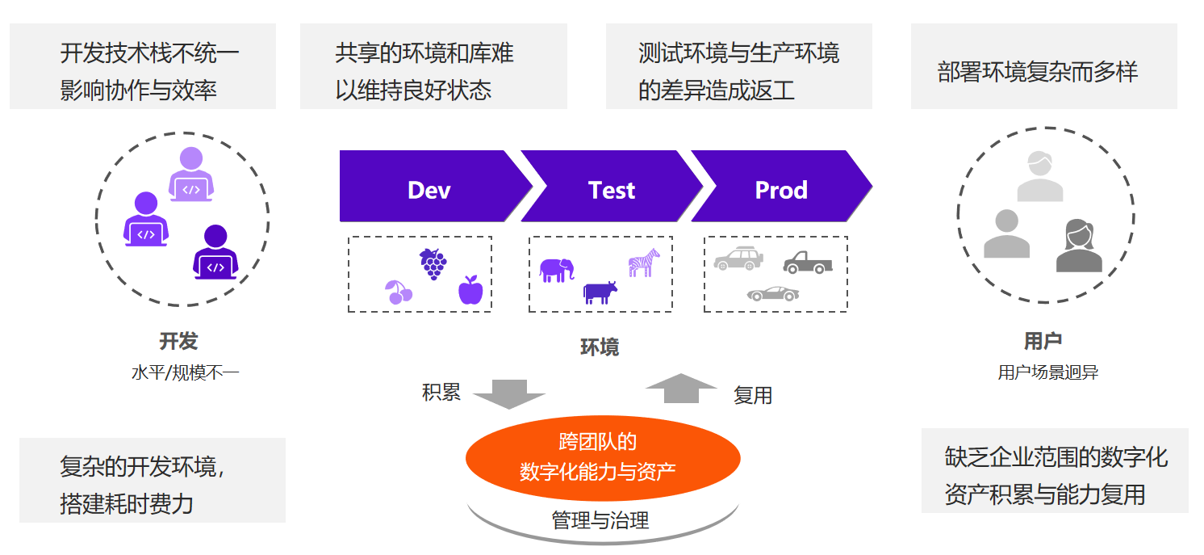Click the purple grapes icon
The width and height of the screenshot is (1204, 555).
coord(433,263)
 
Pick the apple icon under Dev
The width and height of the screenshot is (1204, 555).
coord(470,290)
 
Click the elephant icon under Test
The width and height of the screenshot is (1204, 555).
coord(556,270)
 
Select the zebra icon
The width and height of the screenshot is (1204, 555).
coord(644,263)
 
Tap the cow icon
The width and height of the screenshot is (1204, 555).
coord(600,292)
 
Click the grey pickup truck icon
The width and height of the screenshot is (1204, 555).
coord(807,262)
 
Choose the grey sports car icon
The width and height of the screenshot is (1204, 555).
coord(772,293)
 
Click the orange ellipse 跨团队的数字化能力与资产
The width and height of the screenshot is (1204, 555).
coord(602,456)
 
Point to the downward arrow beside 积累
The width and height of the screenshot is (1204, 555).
coord(508,393)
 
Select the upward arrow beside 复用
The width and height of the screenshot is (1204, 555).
coord(681,388)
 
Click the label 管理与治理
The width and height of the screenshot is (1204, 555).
coord(600,519)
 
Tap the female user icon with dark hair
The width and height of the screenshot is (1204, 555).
coord(1079,246)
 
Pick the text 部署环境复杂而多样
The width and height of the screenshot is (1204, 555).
coord(1037,72)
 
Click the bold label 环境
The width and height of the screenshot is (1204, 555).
coord(600,347)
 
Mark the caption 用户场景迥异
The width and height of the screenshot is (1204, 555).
coord(1047,372)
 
